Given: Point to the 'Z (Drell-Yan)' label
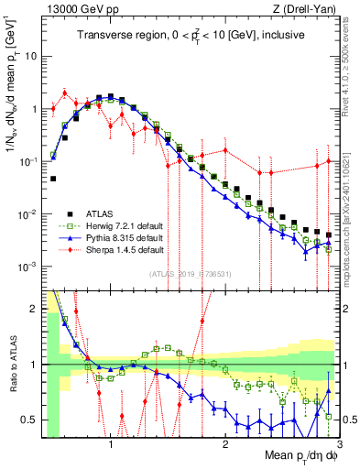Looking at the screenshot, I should point(308,10).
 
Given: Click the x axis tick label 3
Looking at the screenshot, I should point(338,445).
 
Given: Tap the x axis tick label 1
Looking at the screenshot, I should point(110,445).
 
